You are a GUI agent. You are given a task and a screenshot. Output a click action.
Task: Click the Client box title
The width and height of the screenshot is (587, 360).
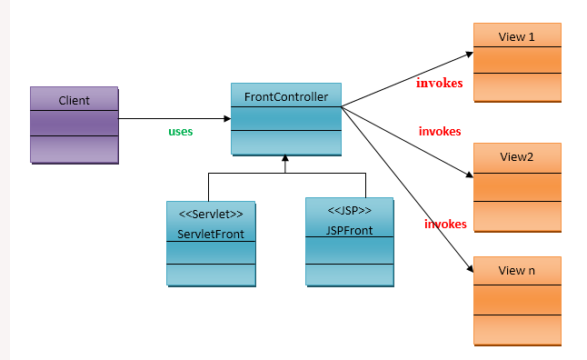pos(74,100)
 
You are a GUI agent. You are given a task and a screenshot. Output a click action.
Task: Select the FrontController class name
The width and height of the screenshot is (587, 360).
pos(285,95)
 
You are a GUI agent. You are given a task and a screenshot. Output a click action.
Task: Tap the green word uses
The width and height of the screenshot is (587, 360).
pos(181,131)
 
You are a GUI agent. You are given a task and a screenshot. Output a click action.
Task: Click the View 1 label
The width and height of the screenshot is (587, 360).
pos(517,36)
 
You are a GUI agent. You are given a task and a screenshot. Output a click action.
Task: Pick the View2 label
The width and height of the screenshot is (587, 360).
pos(517,157)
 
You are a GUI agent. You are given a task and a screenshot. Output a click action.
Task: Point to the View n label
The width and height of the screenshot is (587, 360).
pos(517,271)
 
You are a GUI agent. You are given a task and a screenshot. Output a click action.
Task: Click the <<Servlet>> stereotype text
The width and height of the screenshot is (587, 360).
pos(211,215)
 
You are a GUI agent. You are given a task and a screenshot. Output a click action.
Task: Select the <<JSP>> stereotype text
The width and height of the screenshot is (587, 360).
pos(349,210)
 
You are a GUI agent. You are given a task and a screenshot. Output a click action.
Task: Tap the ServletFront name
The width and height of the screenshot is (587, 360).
pos(211,234)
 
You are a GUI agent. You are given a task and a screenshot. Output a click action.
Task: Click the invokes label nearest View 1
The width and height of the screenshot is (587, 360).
pos(440,84)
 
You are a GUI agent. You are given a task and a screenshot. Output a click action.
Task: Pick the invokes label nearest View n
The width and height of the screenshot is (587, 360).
pos(445,224)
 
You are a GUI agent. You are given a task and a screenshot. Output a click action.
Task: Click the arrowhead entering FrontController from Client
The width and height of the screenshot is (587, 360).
pos(226,118)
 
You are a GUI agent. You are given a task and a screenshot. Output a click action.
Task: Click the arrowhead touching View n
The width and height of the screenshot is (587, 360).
pos(469,269)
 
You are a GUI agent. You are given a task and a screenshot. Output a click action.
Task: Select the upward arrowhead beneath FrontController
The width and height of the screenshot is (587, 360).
pos(284,160)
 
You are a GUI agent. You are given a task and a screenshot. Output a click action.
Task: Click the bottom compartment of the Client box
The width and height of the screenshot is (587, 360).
pos(74,149)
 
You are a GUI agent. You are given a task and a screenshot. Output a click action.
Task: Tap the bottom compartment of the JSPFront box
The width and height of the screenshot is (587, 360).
pos(349,275)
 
